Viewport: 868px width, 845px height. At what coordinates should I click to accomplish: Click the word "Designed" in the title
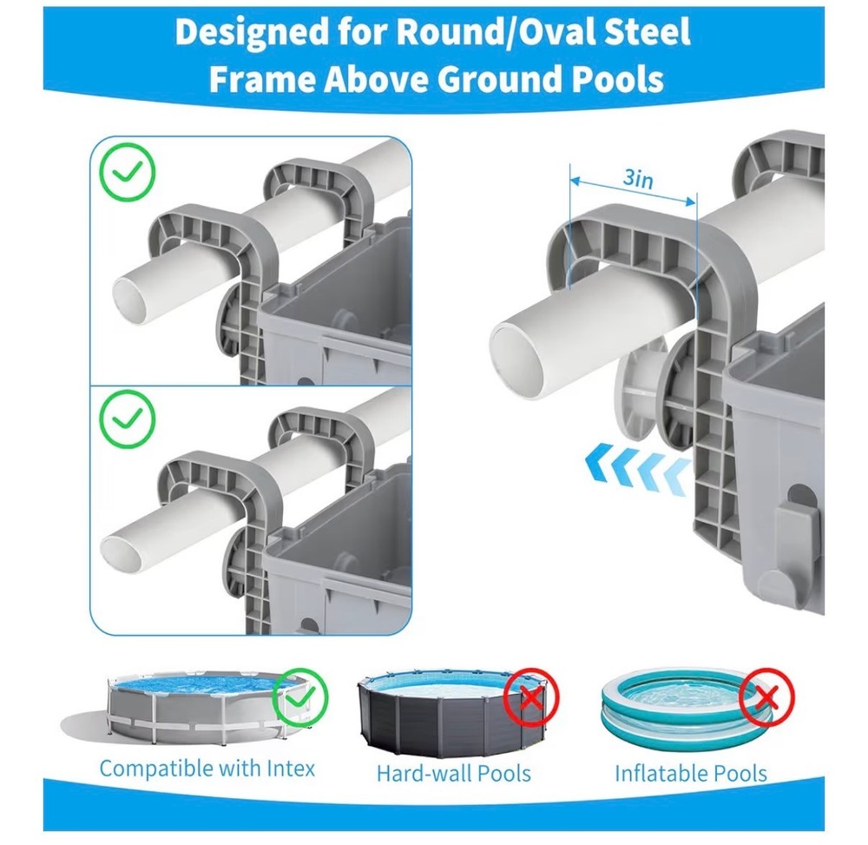[x=251, y=31]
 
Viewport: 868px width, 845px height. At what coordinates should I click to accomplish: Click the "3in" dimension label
[x=638, y=178]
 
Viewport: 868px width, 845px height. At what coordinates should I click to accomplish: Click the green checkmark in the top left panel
[x=128, y=172]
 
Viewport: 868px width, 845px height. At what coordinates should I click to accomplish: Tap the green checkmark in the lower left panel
[x=128, y=418]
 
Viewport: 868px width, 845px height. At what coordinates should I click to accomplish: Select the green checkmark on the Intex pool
[x=300, y=697]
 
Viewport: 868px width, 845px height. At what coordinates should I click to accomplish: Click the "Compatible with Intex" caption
[x=207, y=769]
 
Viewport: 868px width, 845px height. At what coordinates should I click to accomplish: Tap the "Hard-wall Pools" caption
[x=454, y=774]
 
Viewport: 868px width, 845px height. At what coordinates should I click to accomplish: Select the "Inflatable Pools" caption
[x=691, y=774]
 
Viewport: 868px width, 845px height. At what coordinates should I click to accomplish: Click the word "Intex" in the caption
[x=291, y=768]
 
